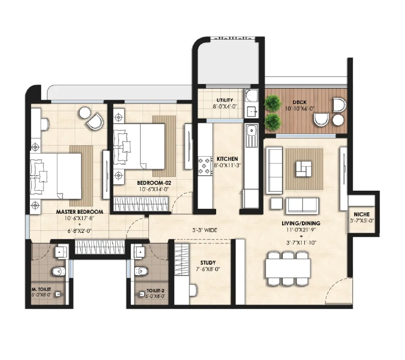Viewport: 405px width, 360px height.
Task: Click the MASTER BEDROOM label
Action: coord(80,212)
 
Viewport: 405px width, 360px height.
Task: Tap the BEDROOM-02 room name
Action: coord(154,183)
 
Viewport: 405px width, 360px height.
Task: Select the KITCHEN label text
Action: coord(227,159)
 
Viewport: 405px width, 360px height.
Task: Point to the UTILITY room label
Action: coord(225,100)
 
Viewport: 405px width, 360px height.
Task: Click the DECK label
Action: coord(300,102)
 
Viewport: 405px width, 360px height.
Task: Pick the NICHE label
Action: coord(362,214)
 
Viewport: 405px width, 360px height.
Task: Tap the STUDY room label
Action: coord(208,263)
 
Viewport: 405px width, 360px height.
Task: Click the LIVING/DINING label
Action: coord(301,223)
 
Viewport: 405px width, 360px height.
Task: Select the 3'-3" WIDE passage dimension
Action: coord(205,230)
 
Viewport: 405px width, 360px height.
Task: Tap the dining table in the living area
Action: coord(288,269)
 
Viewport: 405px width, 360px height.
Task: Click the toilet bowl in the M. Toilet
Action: coord(58,271)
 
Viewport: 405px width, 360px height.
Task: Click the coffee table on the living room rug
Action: coord(304,169)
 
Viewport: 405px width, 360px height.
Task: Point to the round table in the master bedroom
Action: coord(85,113)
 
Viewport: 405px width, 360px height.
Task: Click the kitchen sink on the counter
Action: coord(251,135)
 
